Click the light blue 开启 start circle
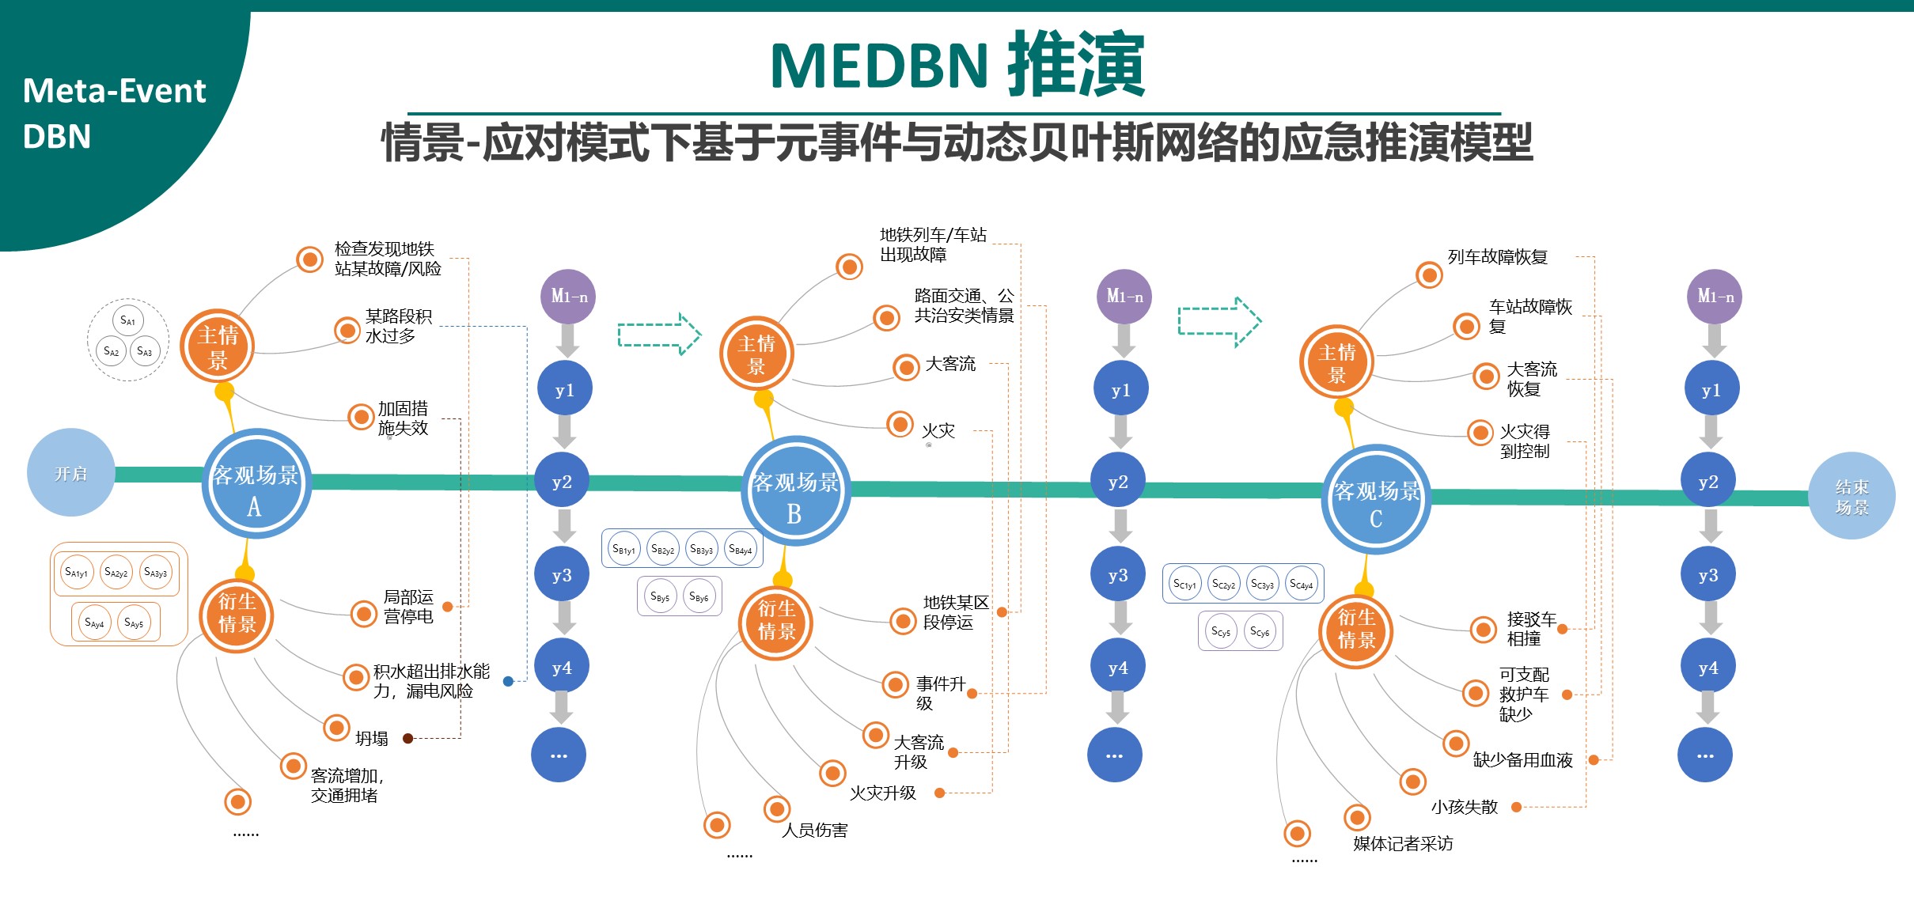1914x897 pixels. coord(70,473)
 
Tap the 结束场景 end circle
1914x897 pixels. coord(1851,496)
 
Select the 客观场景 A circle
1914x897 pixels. coord(256,484)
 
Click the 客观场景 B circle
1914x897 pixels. coord(795,491)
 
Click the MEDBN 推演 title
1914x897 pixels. coord(957,64)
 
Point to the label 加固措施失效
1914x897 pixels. coord(403,418)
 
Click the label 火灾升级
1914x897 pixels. coord(882,793)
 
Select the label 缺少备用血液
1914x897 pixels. coord(1522,760)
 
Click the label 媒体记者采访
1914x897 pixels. coord(1403,843)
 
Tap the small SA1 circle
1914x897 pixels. coord(127,320)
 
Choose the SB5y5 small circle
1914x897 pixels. coord(660,596)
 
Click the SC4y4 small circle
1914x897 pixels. coord(1301,584)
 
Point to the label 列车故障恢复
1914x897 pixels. coord(1497,257)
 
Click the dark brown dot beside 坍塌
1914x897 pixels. coord(407,738)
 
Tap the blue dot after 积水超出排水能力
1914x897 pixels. coord(508,681)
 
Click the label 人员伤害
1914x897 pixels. coord(814,830)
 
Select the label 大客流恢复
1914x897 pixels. coord(1531,379)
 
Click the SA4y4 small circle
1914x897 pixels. coord(94,623)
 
